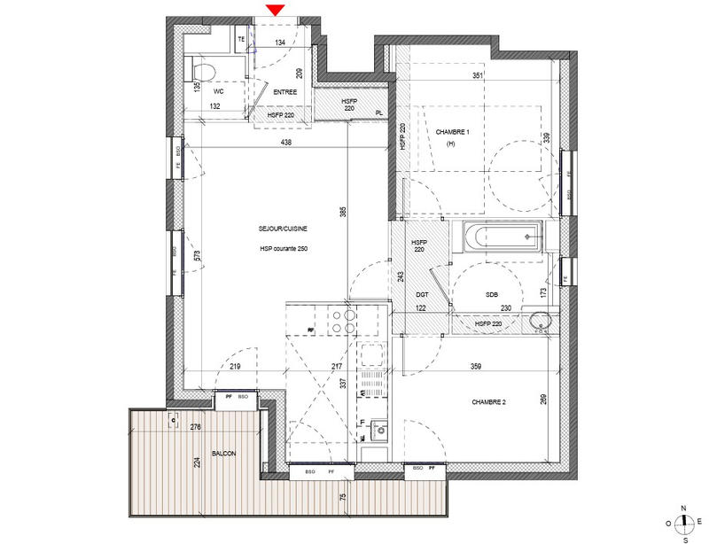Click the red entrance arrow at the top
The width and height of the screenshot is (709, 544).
pos(276,9)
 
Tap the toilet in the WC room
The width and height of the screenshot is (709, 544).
pos(203,70)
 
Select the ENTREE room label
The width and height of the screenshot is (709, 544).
pos(284,91)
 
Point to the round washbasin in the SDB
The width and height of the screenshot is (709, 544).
pos(539,321)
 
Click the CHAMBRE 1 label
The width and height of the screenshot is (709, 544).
pos(452,132)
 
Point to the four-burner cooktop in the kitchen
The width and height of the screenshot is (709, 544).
pos(342,320)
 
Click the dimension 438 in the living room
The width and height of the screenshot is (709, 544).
pos(285,142)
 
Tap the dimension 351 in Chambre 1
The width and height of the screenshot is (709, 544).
pos(478,76)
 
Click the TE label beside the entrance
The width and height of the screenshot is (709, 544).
pos(240,41)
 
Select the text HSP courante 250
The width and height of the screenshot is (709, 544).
pos(284,248)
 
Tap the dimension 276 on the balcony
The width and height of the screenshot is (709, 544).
pos(194,428)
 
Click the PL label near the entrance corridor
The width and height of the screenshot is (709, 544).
pos(379,113)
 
